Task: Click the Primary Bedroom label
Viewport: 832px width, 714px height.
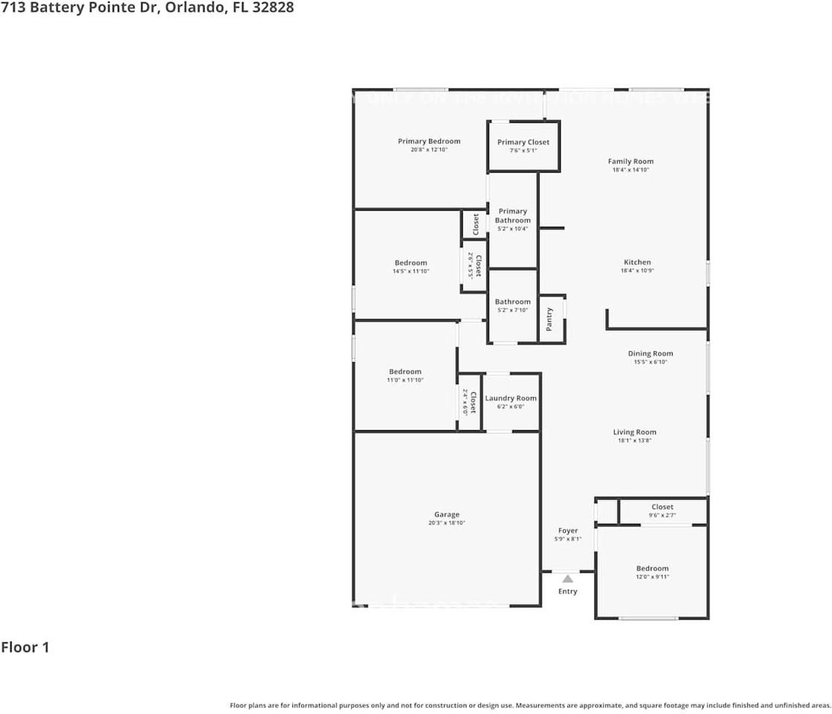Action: coord(429,141)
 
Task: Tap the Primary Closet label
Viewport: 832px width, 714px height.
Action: coord(523,142)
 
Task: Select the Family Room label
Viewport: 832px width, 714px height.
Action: coord(631,161)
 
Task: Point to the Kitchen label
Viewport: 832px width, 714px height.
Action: coord(637,262)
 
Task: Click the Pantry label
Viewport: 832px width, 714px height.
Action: coord(549,319)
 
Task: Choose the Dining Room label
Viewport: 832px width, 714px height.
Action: coord(651,354)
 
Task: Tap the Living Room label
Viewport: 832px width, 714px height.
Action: coord(635,432)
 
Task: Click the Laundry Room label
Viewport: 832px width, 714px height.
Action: coord(511,398)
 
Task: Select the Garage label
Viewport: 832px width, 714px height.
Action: coord(447,515)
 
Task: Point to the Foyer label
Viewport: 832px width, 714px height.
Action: coord(568,531)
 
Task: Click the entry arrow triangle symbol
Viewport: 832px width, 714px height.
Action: coord(568,578)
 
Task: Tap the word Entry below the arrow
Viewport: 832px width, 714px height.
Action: coord(568,591)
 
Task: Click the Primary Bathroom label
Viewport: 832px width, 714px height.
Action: coord(513,216)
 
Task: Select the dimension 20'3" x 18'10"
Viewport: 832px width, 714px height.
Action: coord(447,523)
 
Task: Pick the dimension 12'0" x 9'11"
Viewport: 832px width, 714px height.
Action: coord(652,576)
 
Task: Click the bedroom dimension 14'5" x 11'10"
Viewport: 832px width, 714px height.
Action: coord(411,271)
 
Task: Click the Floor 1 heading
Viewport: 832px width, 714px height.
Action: coord(25,647)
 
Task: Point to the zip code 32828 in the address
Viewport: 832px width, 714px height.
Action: coord(271,7)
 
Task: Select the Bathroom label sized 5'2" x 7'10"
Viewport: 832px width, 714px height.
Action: coord(513,302)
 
